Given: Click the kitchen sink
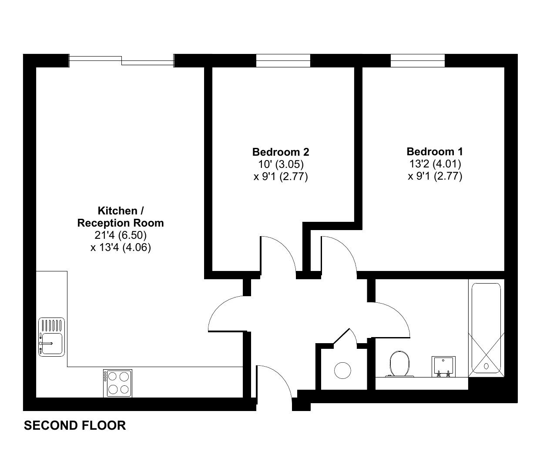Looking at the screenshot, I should coord(51,337).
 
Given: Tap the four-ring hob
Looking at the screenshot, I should coord(117,383).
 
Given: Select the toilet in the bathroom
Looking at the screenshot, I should coord(399,364).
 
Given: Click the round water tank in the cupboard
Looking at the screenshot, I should coord(342,370).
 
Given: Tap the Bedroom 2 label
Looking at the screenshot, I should coord(281,152).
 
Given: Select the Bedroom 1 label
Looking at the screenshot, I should coord(435,152).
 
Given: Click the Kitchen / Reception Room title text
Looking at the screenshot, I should coord(121,217).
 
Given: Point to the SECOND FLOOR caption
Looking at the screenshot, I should coord(75,425).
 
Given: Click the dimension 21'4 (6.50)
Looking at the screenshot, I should coord(121,235).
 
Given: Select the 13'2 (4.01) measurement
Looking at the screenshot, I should coord(435,164).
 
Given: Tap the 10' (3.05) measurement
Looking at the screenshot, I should coord(281,164).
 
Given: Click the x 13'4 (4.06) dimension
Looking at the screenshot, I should coord(121,248).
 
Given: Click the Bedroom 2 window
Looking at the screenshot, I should coord(283,60).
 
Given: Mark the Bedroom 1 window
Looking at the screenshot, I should coord(418,60).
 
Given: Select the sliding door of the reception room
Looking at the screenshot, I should coord(121,60).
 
